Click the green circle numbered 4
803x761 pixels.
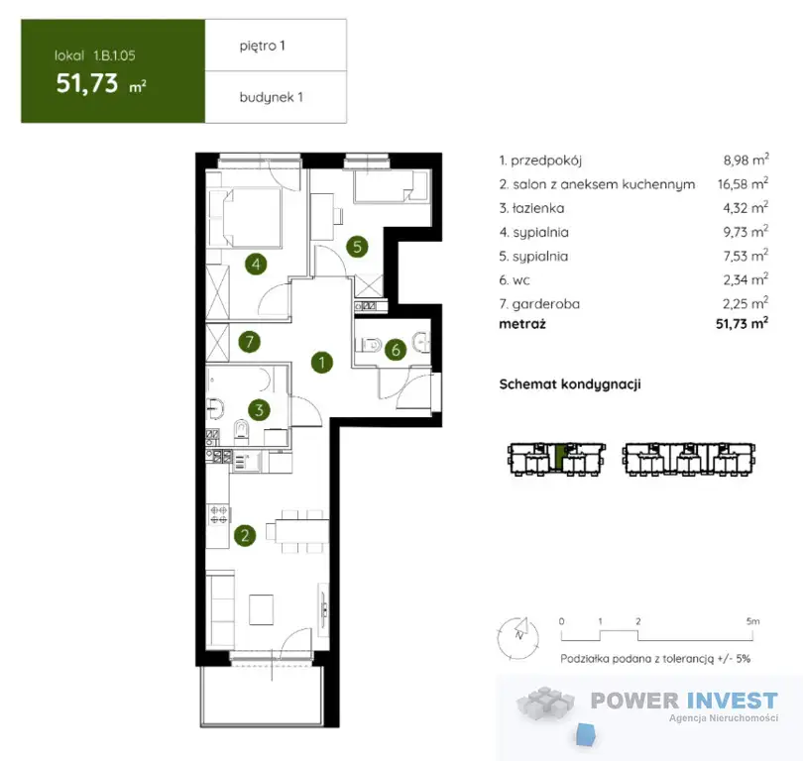(256, 265)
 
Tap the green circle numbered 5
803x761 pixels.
(357, 247)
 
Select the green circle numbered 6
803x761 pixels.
(396, 350)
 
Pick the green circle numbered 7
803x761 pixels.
(250, 341)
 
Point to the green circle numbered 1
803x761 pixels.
(321, 363)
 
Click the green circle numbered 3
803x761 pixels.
(259, 410)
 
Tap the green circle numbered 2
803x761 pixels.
(245, 535)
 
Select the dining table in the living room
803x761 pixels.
(302, 531)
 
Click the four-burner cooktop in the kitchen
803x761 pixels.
(219, 515)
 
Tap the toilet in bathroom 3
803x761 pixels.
(241, 431)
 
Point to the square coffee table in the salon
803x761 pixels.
(261, 609)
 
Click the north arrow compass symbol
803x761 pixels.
(518, 638)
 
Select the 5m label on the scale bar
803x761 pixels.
(752, 621)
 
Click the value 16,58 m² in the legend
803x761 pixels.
(743, 183)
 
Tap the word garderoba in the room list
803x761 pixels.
(546, 304)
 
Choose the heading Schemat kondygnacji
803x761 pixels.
(570, 384)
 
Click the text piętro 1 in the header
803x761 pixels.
(262, 46)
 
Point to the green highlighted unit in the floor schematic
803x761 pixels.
(559, 458)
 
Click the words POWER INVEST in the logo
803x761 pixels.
(684, 701)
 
